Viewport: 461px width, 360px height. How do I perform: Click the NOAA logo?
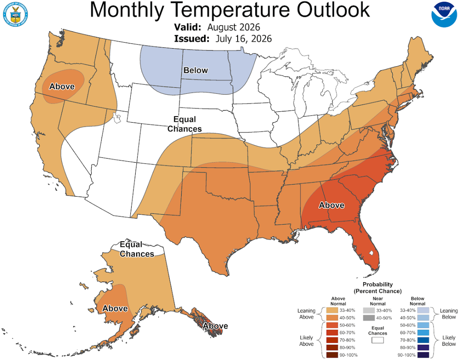coord(444,15)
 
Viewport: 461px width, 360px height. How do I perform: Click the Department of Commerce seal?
coord(15,15)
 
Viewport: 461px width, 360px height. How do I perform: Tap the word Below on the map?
coord(195,70)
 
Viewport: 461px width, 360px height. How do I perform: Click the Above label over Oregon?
coord(62,86)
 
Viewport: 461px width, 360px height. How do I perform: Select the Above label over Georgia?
coord(331,205)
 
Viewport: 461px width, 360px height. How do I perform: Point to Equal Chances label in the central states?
coord(184,124)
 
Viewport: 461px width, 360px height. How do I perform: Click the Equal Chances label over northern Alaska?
coord(137,249)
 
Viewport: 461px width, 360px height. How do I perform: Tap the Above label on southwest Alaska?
coord(115,308)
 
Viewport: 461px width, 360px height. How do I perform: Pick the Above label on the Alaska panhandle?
coord(215,326)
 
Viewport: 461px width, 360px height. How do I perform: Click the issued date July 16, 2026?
coord(244,39)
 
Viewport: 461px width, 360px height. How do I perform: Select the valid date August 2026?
coord(234,27)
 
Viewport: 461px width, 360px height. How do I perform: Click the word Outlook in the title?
coord(333,10)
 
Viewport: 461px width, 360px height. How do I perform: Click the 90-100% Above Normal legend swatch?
coord(332,355)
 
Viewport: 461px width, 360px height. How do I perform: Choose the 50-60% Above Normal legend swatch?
coord(332,325)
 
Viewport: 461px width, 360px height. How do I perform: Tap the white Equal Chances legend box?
coord(377,340)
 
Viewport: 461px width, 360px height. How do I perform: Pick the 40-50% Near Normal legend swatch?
coord(369,318)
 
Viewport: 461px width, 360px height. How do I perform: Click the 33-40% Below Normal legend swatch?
coord(423,311)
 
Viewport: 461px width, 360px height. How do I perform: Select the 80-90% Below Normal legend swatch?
coord(423,348)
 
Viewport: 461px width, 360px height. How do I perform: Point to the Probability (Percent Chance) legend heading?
coord(377,288)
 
